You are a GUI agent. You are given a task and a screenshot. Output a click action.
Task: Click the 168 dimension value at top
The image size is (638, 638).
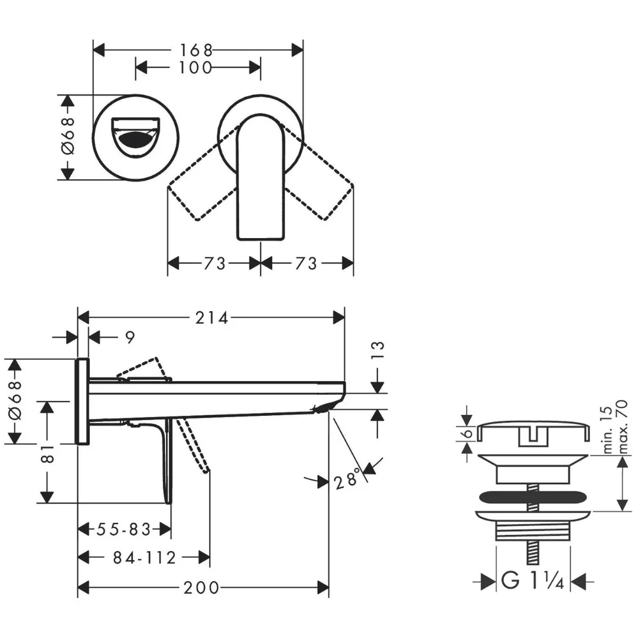(196, 50)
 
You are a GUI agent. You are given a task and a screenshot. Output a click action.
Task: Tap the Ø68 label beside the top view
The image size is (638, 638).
(69, 136)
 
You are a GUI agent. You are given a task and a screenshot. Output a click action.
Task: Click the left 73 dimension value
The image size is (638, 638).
(214, 263)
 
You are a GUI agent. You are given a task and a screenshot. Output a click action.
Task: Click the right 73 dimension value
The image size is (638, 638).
(306, 263)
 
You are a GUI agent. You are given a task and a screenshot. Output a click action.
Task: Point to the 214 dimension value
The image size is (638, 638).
(211, 318)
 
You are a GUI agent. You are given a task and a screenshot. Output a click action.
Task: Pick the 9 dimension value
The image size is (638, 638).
(130, 338)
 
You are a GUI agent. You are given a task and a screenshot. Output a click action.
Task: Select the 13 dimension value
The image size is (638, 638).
(377, 351)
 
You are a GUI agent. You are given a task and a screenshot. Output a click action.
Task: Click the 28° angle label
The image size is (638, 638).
(346, 481)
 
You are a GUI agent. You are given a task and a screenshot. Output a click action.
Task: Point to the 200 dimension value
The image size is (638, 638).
(201, 588)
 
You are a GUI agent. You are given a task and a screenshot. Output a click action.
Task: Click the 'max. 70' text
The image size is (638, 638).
(621, 427)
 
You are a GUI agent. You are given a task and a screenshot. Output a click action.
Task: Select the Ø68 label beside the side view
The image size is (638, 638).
(15, 401)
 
